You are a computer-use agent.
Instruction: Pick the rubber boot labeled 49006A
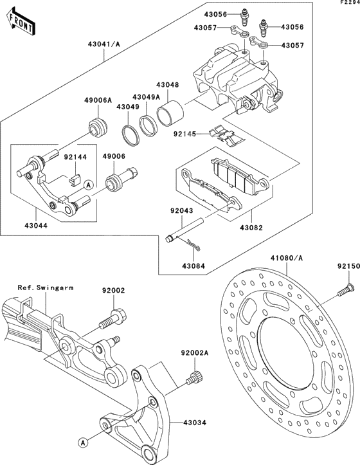pyautogui.click(x=98, y=128)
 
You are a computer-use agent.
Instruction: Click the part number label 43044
pyautogui.click(x=37, y=226)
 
